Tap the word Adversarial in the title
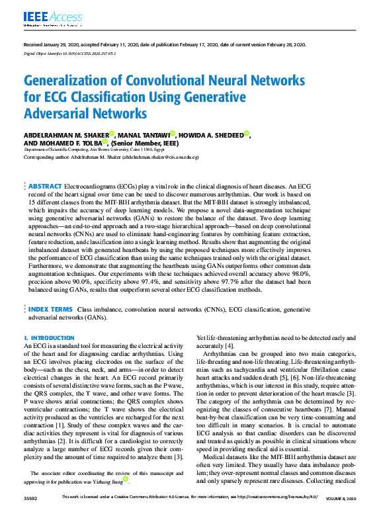(62, 113)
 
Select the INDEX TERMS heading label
(50, 309)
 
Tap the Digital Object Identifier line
(70, 54)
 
